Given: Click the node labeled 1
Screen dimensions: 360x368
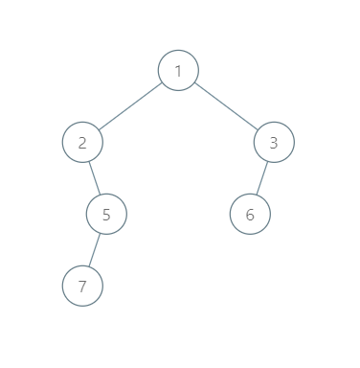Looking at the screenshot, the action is (178, 70).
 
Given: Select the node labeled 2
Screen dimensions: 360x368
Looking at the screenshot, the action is (82, 143).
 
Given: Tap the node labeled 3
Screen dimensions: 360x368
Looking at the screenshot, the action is (274, 143).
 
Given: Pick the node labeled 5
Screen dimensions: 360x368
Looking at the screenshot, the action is (106, 214).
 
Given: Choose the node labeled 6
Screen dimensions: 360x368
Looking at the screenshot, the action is (250, 214).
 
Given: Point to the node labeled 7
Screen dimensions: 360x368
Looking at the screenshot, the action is (82, 286).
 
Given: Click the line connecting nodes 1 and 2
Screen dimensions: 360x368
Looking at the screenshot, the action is (130, 106).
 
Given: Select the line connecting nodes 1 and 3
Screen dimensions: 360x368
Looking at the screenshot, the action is (226, 106).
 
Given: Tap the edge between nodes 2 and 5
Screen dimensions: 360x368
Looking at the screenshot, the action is (95, 178).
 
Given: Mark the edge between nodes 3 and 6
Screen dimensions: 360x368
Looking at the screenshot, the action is (262, 178).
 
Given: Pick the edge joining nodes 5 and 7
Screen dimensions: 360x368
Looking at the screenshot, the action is (95, 250).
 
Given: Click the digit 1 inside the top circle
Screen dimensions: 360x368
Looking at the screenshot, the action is (178, 70).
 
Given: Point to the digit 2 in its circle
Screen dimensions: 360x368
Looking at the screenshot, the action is (82, 143).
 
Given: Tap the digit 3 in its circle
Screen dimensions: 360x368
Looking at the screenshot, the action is (274, 143).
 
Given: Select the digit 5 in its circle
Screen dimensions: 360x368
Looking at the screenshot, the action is (106, 214).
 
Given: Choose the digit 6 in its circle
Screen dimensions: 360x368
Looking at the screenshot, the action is (250, 214).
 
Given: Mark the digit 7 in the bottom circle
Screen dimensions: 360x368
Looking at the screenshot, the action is (82, 286).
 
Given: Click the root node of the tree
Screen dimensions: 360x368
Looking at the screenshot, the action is (178, 70).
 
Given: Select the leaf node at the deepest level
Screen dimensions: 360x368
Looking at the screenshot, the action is (82, 286).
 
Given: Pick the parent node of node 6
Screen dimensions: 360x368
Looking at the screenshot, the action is (274, 143).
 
